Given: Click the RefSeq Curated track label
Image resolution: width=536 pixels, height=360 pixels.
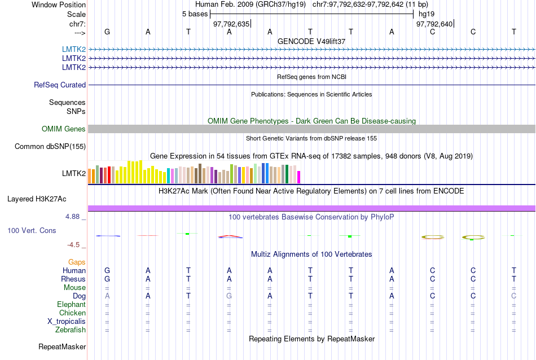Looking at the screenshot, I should pos(60,85).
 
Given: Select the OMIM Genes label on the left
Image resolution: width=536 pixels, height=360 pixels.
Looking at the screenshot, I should pos(64,129).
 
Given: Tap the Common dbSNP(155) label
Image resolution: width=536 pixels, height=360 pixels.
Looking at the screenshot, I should pos(50,147).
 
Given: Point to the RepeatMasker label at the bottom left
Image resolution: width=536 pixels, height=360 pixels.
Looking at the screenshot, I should pos(62,346).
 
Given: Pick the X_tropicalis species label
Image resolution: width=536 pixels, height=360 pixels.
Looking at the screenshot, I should pos(67,322).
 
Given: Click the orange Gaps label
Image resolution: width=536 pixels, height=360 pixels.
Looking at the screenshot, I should pos(77,262).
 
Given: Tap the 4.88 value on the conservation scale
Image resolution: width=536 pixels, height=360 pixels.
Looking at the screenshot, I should pos(74,217).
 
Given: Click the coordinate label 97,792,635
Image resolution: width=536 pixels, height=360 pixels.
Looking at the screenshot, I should pos(231,24).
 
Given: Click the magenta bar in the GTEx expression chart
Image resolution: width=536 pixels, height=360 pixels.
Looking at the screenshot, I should pos(299,177).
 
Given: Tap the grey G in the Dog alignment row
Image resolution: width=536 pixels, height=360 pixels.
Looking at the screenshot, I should pos(229,296).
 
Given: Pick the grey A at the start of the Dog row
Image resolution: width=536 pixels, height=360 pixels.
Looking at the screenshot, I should pos(107,296).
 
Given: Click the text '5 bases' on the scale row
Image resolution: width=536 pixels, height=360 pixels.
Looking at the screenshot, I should pos(195,14).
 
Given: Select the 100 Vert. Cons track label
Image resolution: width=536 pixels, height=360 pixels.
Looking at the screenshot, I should pos(32,231).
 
